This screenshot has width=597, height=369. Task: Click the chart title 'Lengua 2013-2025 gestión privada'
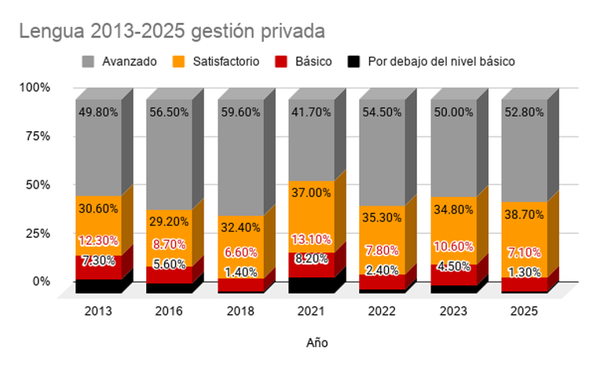coord(172,31)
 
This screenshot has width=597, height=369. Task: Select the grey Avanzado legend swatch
coord(88,61)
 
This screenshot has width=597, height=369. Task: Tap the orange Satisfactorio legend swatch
coord(178,61)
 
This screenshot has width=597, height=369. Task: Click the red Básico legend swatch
coord(281,61)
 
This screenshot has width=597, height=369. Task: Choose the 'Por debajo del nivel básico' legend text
coord(441,61)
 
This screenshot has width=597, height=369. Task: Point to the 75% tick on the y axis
coord(38,136)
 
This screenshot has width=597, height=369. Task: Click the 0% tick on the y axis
coord(42,282)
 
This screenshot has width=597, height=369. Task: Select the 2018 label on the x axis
coord(240,311)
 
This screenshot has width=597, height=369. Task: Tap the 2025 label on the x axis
coord(524,311)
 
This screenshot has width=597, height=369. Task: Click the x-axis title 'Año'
coord(317,343)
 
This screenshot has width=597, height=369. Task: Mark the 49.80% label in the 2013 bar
coord(98,112)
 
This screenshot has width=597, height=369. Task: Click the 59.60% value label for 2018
coord(240,112)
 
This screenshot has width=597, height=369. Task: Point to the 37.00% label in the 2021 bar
coord(311,193)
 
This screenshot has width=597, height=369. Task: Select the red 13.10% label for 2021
coord(311,239)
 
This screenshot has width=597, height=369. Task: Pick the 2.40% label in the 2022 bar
coord(383,270)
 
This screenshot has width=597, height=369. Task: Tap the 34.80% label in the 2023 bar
coord(453,210)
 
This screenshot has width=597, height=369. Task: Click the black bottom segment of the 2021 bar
coord(311,285)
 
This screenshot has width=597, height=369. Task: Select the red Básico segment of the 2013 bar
coord(99,268)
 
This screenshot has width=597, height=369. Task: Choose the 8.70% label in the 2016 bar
coord(169,244)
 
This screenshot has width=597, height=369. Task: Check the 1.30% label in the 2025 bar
coord(524,272)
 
